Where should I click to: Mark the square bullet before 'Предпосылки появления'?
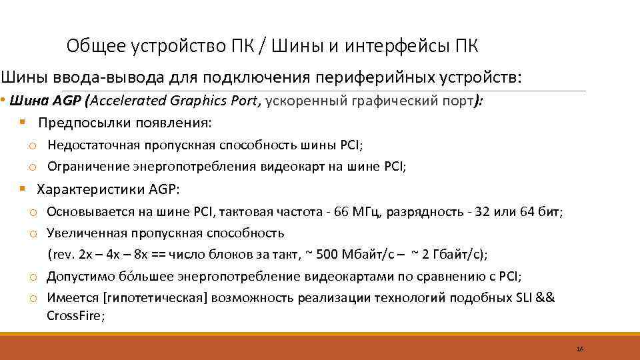point(23,123)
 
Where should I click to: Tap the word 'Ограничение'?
point(82,167)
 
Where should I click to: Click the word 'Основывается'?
point(85,212)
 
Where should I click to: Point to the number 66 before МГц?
point(341,212)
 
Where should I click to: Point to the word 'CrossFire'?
point(73,316)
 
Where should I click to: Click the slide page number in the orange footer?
point(580,349)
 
